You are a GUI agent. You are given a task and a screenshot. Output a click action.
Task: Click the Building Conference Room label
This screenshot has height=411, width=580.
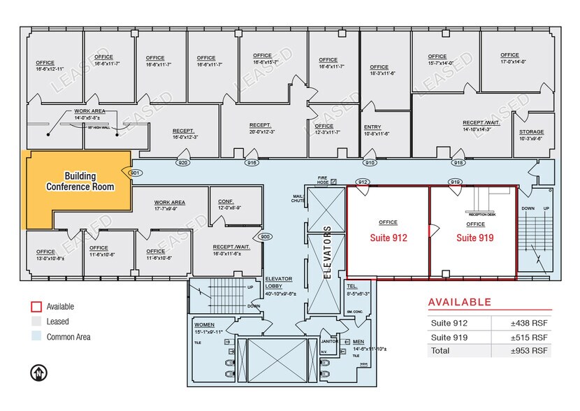(80, 181)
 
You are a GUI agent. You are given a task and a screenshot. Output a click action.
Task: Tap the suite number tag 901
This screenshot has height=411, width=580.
(136, 173)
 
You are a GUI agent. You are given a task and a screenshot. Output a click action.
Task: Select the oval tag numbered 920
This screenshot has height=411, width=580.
(183, 163)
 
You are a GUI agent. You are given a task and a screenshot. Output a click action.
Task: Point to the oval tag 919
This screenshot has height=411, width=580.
(454, 182)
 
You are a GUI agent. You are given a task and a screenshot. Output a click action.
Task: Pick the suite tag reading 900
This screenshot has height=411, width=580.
(265, 236)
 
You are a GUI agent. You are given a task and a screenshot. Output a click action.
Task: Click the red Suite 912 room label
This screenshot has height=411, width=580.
(388, 238)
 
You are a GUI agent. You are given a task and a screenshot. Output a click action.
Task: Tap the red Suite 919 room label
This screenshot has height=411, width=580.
(475, 238)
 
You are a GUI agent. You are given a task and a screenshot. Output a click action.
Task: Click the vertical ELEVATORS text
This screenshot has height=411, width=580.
(326, 252)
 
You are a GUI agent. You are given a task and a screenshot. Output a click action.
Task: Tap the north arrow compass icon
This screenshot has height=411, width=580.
(38, 373)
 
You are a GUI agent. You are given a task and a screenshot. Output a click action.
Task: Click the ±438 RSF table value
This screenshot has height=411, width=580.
(529, 323)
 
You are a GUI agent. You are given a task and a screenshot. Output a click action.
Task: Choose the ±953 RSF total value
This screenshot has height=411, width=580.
(529, 350)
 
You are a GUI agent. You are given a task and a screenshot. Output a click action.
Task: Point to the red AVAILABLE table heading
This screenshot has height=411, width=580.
(459, 302)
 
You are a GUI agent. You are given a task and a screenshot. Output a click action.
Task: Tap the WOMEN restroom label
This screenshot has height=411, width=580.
(204, 324)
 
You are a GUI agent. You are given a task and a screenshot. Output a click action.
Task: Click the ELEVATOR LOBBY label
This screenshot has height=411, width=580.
(278, 282)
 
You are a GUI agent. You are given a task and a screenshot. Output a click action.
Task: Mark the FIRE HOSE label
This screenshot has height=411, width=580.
(323, 180)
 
